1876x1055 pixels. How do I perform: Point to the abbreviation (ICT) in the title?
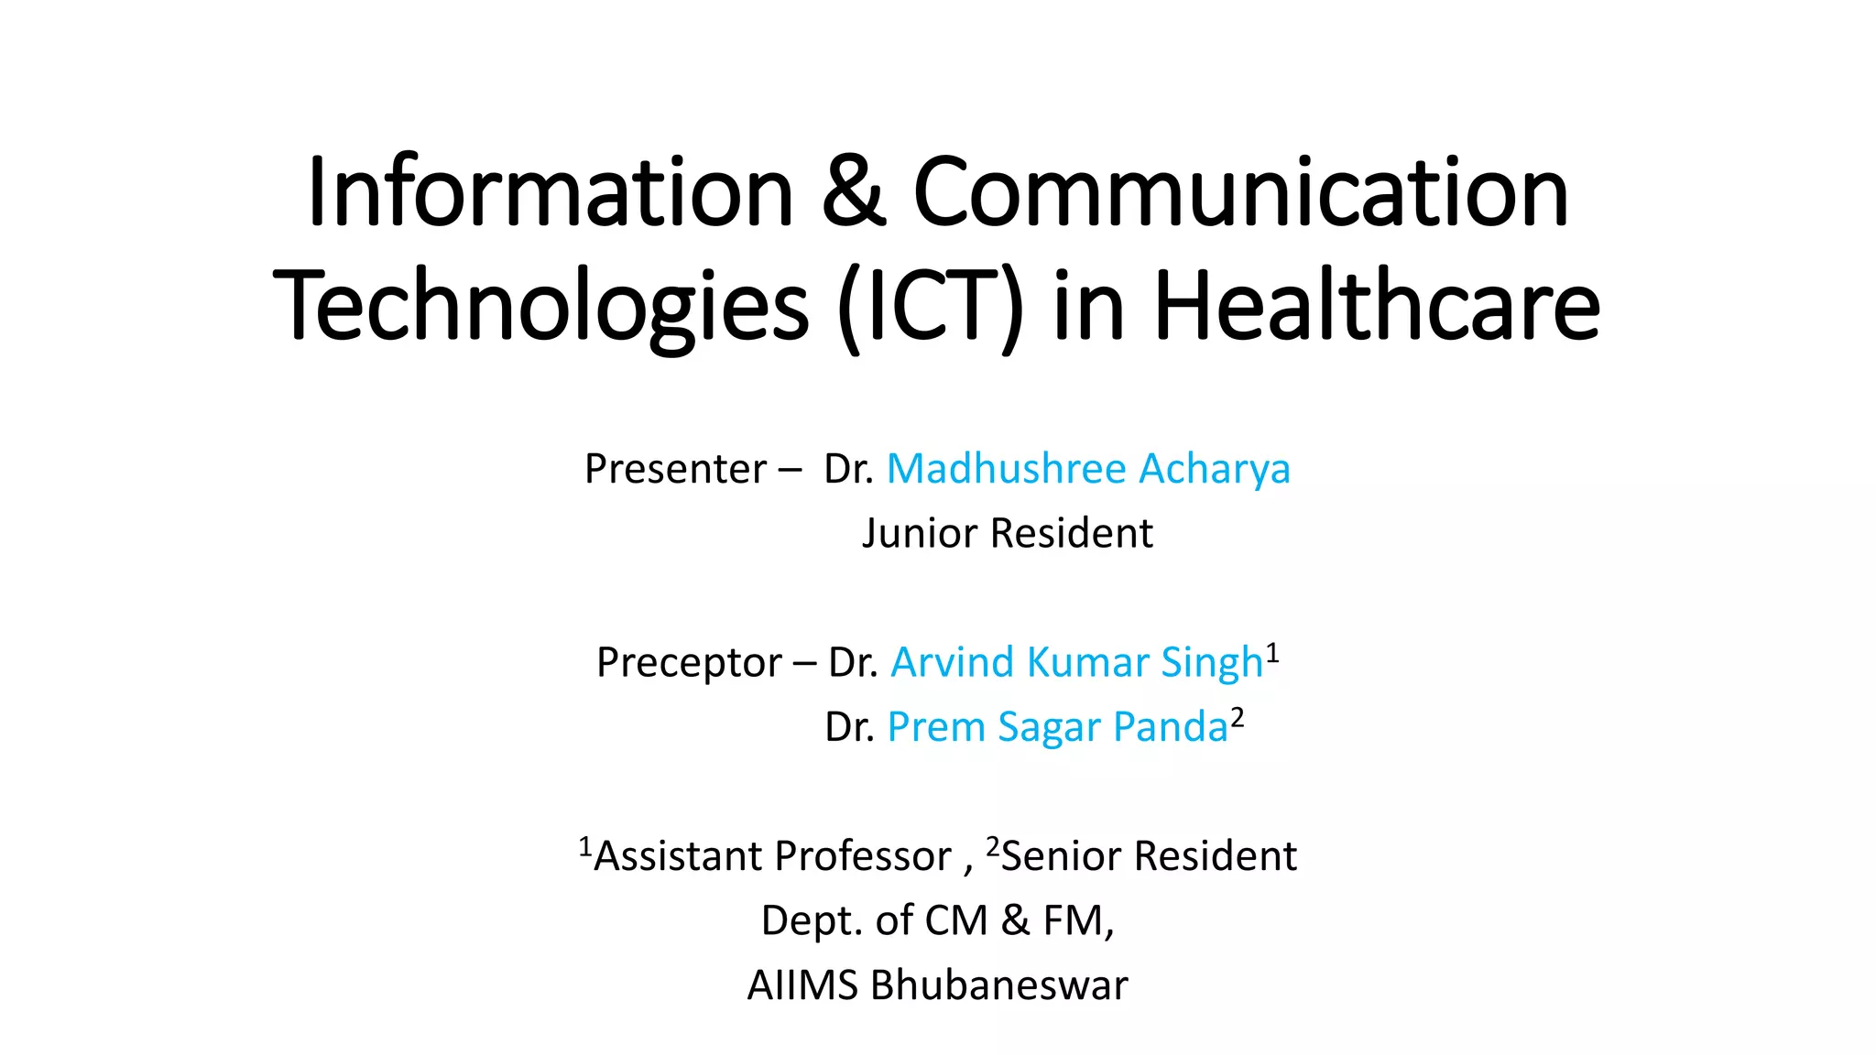930,307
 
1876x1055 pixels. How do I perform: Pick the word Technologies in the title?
540,307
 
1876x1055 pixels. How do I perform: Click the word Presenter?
675,470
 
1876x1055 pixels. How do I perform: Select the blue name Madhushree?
1006,469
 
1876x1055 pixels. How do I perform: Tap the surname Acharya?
1215,470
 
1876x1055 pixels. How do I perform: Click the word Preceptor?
689,663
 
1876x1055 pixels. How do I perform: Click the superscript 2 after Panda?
1238,718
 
